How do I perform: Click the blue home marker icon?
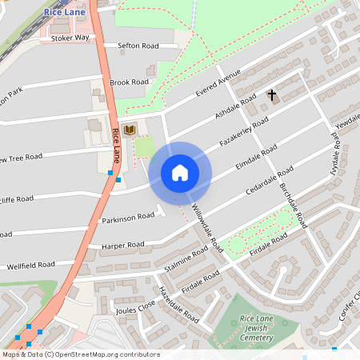[180, 172]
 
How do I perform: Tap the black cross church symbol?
[271, 96]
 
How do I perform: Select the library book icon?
[129, 129]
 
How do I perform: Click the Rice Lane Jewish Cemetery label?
[262, 327]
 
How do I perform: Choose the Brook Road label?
[130, 82]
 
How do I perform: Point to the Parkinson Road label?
[128, 217]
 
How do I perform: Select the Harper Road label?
[122, 245]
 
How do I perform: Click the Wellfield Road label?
[30, 265]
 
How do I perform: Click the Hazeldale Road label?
[178, 304]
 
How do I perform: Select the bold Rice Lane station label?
[70, 11]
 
